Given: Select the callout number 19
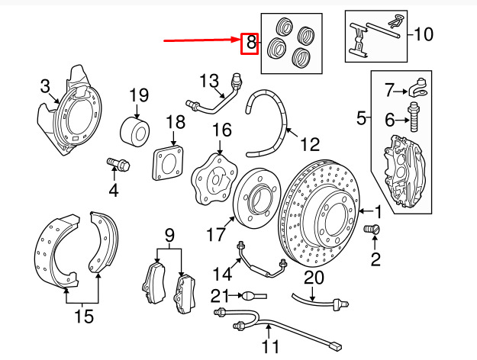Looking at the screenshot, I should coord(137,96).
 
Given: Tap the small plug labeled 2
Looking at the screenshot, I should coord(374,230).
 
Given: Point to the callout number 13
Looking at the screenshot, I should coord(209,81).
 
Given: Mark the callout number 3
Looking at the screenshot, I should coord(45,85).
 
